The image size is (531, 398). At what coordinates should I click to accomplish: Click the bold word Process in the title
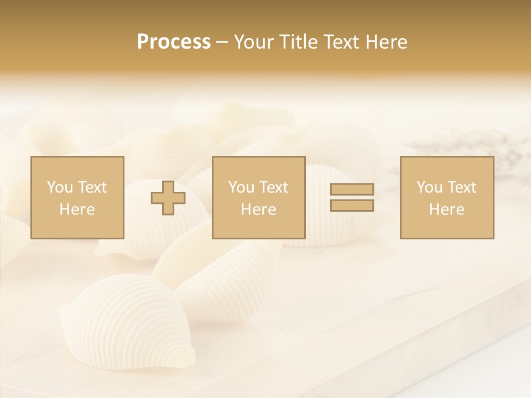174,42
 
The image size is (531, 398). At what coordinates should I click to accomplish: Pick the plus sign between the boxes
168,198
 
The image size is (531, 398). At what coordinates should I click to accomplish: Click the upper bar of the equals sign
352,189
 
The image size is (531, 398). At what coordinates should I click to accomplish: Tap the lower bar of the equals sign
352,206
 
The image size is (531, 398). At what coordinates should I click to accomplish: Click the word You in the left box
59,187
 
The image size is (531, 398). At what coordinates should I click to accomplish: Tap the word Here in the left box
77,210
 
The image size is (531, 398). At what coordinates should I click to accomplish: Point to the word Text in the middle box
274,187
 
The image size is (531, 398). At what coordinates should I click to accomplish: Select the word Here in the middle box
258,210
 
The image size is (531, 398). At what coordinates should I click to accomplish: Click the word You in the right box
429,187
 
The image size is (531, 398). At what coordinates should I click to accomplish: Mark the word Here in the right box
446,210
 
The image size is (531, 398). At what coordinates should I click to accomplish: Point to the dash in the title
222,42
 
